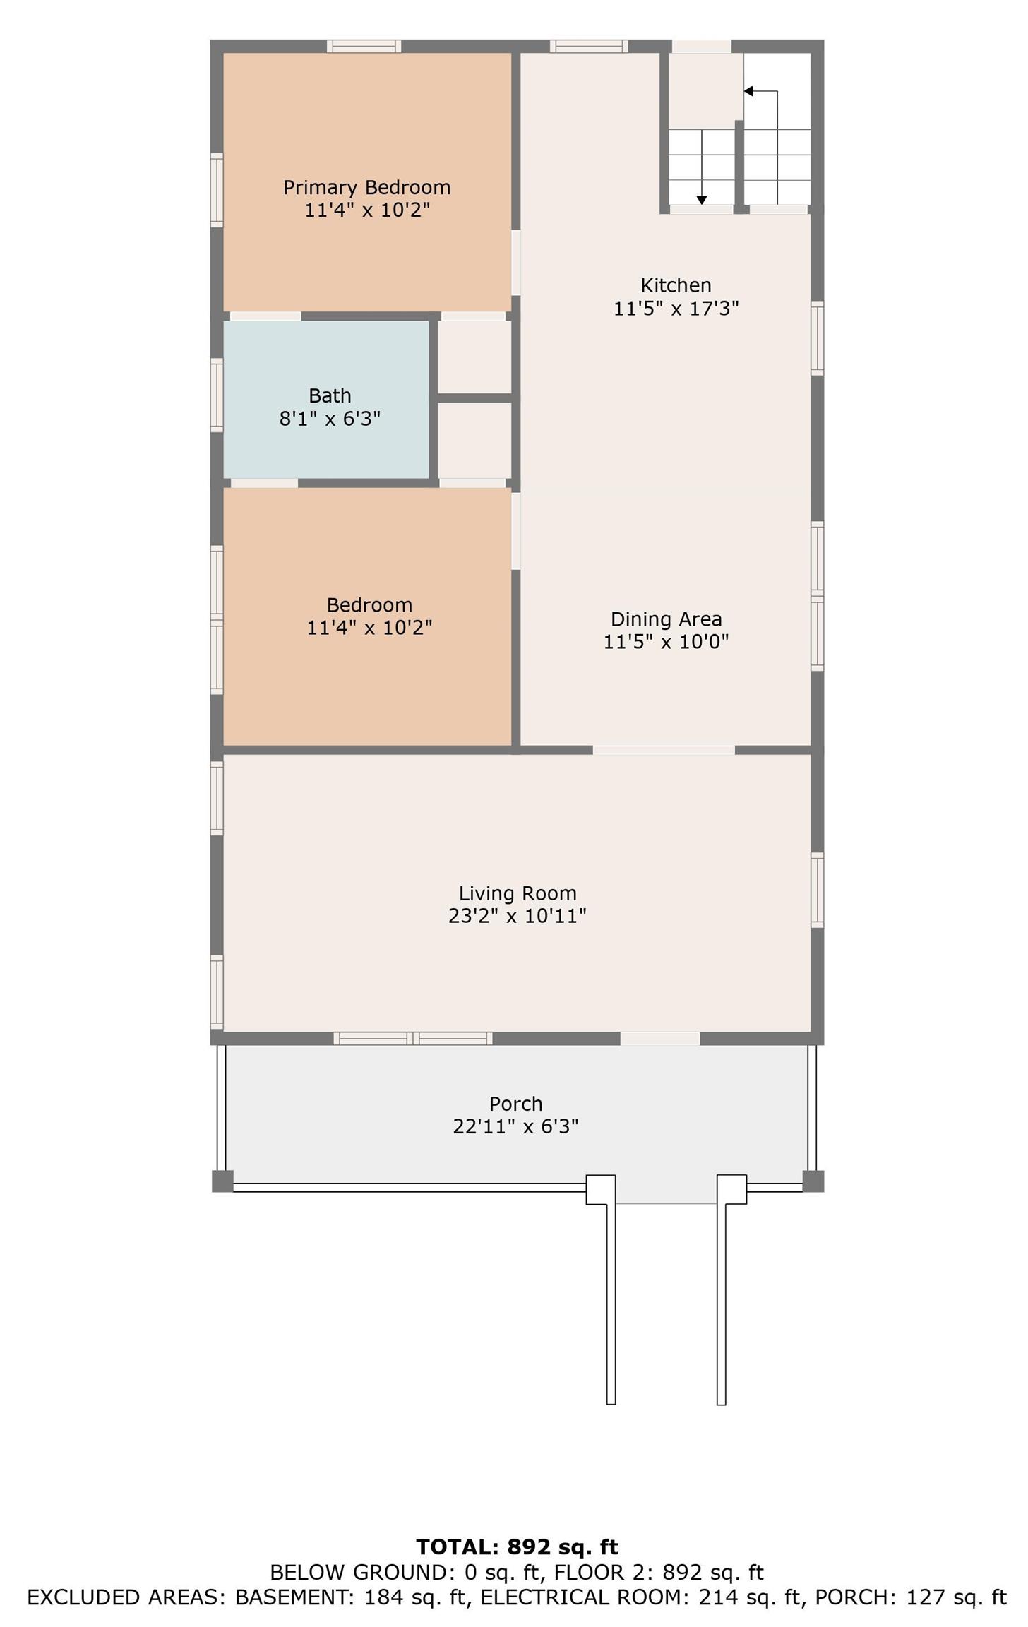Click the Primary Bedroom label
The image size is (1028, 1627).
(x=366, y=187)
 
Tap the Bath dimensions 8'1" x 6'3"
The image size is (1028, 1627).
(x=330, y=419)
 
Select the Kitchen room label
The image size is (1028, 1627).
(x=676, y=285)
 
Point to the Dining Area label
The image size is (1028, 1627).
(x=666, y=619)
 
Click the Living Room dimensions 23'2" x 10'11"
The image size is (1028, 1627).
(x=518, y=916)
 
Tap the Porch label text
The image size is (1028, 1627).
(x=515, y=1104)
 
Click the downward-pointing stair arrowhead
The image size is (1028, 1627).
(x=702, y=200)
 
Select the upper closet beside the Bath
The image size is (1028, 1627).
(x=474, y=357)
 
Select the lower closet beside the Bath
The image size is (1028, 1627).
(x=474, y=441)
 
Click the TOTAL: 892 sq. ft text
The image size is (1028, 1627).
(x=517, y=1546)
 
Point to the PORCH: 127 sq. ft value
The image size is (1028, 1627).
(x=911, y=1597)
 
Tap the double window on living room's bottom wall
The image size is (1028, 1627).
(x=413, y=1038)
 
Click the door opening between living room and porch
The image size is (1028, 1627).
(x=660, y=1038)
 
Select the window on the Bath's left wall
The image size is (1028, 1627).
(x=217, y=395)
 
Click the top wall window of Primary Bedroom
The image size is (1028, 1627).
(x=364, y=46)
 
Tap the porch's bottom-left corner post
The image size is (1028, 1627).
(x=222, y=1181)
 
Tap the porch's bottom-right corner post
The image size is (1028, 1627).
(x=813, y=1181)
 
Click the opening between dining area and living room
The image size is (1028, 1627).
(x=664, y=750)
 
